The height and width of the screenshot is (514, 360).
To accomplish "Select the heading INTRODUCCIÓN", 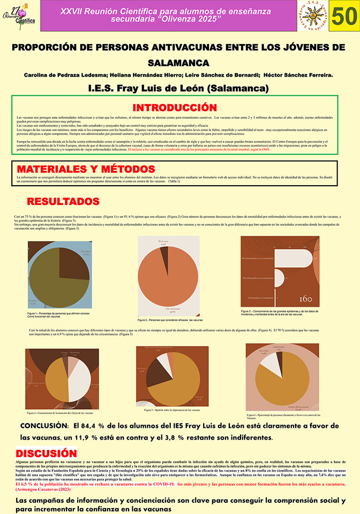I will (x=174, y=108).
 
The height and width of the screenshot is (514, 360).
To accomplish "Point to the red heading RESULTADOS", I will (x=63, y=201).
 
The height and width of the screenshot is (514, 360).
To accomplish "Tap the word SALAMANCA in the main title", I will (x=179, y=63).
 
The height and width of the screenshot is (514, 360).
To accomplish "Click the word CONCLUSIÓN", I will (x=44, y=426).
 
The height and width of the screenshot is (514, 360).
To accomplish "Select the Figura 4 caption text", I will (x=60, y=413).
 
